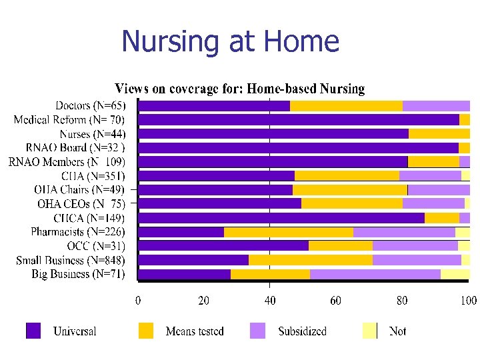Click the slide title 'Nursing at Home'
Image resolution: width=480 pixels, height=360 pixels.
click(x=230, y=41)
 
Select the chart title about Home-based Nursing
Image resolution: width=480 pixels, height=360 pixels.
click(x=240, y=89)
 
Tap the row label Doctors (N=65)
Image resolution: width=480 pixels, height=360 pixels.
click(x=89, y=105)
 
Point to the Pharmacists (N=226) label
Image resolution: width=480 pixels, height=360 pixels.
click(x=77, y=232)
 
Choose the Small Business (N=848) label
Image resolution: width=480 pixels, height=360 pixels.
click(x=70, y=260)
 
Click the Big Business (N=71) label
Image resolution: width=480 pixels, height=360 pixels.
click(x=78, y=274)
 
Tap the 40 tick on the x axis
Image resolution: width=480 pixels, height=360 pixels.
click(x=269, y=301)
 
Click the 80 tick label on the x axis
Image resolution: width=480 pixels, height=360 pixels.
click(x=402, y=301)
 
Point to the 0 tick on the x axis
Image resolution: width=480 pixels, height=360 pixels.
click(x=138, y=301)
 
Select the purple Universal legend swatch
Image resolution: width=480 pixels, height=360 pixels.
click(x=33, y=331)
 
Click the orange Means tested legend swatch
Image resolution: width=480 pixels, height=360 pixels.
click(x=146, y=331)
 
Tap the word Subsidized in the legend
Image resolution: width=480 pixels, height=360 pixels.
click(x=302, y=331)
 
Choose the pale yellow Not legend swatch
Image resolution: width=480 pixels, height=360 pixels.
click(x=369, y=331)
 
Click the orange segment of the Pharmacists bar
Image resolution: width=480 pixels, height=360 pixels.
click(x=289, y=232)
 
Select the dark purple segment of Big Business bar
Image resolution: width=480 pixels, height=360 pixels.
click(x=185, y=274)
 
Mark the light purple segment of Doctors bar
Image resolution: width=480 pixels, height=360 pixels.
click(x=436, y=105)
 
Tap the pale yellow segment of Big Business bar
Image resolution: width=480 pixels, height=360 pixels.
click(x=455, y=274)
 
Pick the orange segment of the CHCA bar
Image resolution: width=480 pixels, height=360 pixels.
click(x=441, y=218)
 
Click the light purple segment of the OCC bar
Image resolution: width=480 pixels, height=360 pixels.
click(x=415, y=246)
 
